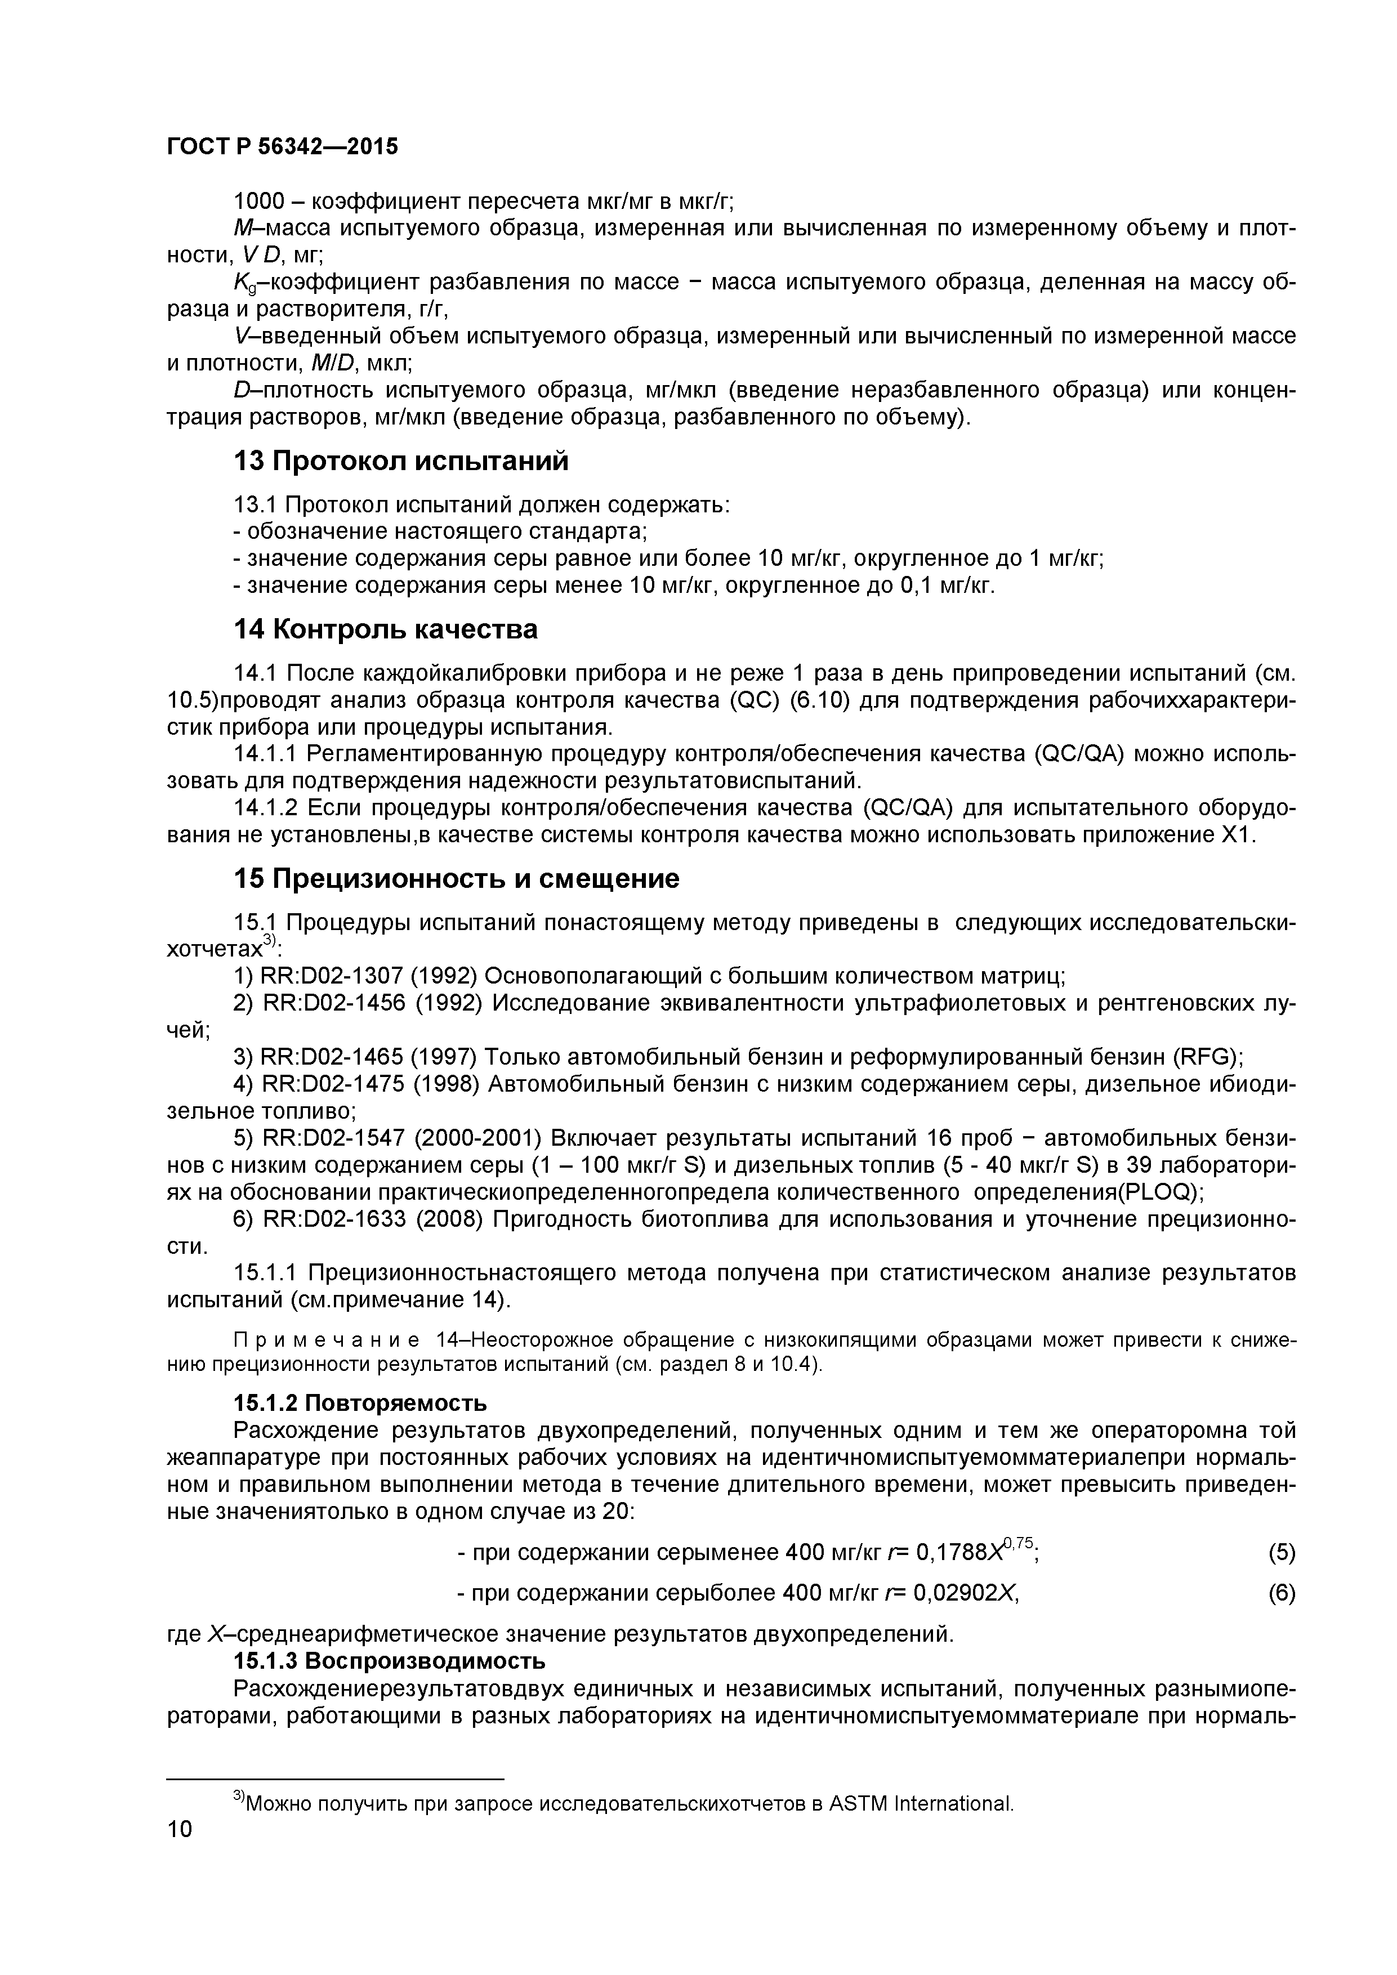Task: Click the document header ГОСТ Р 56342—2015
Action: point(282,147)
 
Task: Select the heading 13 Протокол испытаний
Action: point(401,462)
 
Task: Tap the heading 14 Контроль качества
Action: point(385,629)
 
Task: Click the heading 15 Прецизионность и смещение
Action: point(456,878)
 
